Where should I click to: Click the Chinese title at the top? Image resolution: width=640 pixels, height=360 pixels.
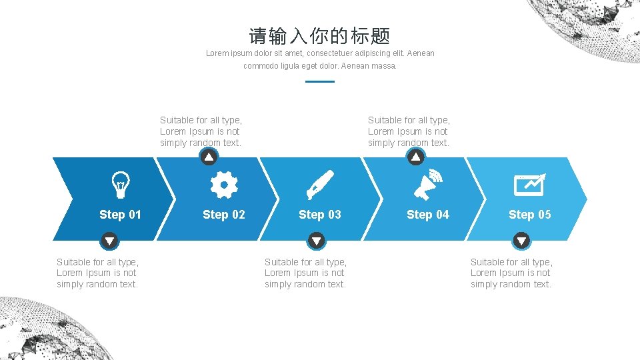tap(319, 36)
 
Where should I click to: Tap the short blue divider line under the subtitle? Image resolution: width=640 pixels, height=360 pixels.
tap(320, 81)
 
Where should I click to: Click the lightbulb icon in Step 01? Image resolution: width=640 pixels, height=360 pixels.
tap(121, 185)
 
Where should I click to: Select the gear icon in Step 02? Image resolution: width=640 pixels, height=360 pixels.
tap(224, 185)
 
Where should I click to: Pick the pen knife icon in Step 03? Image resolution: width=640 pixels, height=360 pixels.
tap(320, 185)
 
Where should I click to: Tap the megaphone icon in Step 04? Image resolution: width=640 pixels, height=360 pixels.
tap(428, 185)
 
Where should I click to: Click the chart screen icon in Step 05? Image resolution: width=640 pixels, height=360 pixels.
tap(530, 185)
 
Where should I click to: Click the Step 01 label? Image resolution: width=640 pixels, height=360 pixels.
tap(121, 215)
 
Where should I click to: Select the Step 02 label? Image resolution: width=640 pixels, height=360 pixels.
tap(224, 215)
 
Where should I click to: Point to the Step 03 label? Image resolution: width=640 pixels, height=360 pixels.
tap(320, 215)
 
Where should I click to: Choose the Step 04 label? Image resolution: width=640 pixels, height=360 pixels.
tap(428, 215)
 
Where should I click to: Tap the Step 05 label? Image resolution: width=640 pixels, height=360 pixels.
tap(530, 215)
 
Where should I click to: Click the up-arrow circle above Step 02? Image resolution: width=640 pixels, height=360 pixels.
tap(209, 157)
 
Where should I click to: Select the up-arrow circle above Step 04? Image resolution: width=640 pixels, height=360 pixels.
tap(416, 157)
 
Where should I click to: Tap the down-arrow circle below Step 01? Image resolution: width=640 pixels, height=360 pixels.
tap(109, 241)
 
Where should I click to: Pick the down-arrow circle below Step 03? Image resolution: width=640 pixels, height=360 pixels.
tap(316, 241)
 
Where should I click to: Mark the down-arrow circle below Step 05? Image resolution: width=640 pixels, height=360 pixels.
tap(521, 241)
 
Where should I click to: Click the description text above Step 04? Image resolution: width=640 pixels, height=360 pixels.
tap(409, 131)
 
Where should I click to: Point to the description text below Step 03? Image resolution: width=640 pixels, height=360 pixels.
tap(306, 273)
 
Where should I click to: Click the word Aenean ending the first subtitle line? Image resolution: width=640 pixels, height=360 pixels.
tap(421, 53)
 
